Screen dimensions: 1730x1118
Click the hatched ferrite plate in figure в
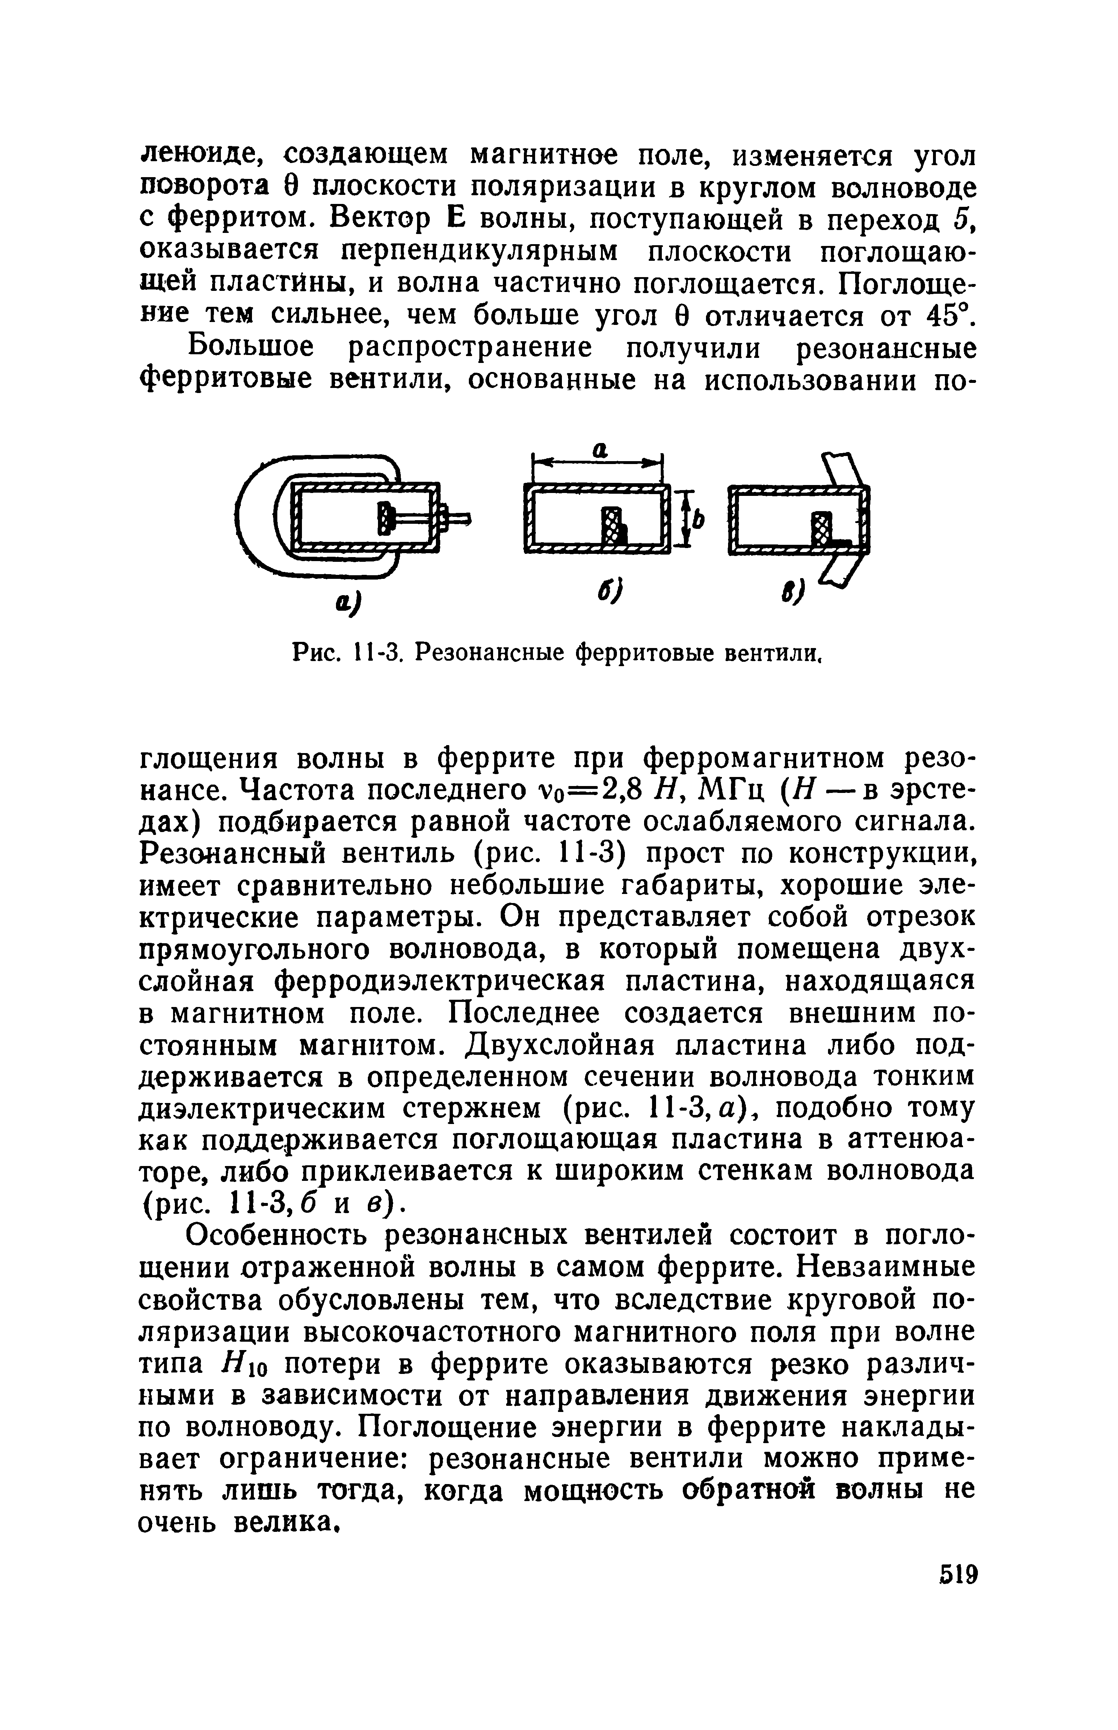point(821,529)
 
